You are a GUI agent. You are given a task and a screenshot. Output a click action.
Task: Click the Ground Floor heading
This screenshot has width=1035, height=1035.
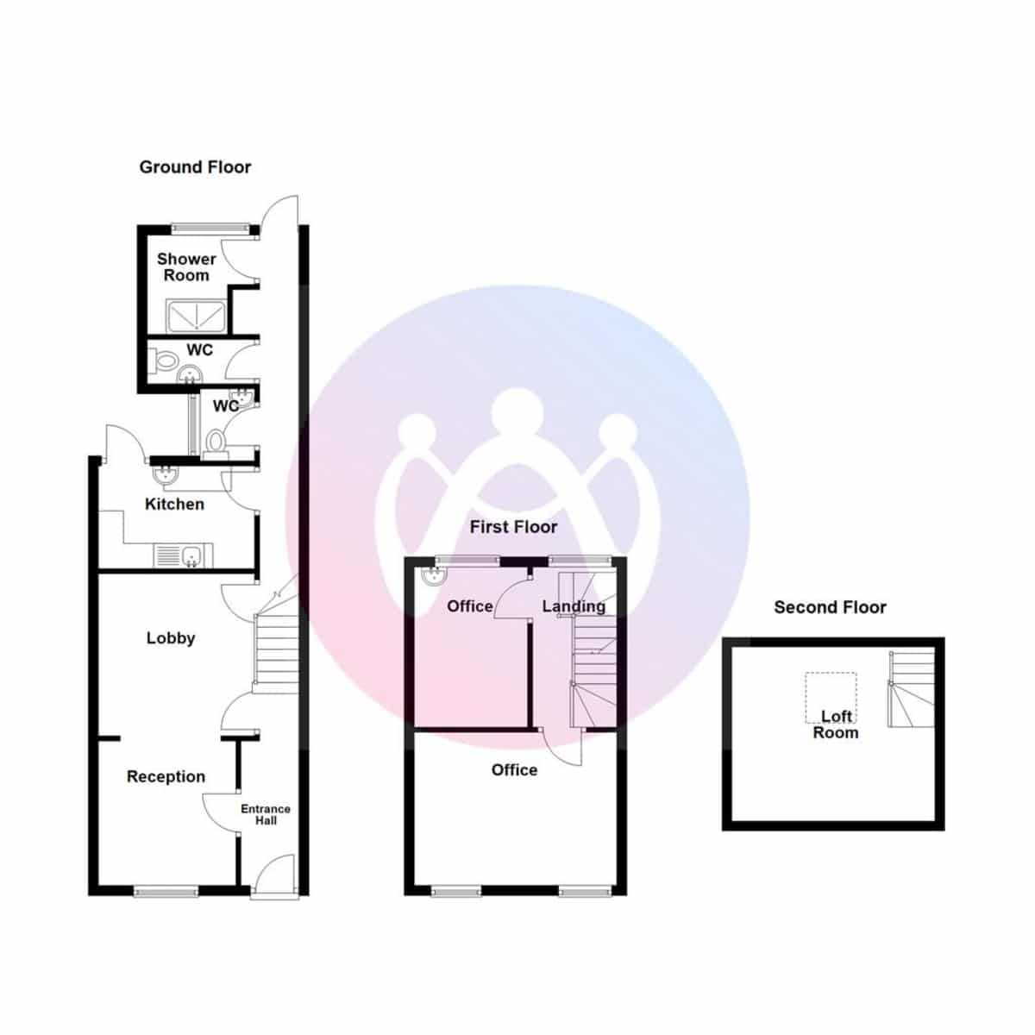195,167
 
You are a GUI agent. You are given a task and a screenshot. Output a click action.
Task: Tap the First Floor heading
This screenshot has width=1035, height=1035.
513,527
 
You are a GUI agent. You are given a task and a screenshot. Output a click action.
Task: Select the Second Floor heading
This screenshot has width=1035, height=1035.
830,607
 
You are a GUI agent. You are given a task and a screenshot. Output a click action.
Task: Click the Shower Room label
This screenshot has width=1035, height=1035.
186,267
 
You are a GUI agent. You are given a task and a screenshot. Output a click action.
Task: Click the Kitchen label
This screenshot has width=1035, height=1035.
174,504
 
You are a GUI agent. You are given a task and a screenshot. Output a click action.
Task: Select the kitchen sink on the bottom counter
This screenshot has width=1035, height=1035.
183,556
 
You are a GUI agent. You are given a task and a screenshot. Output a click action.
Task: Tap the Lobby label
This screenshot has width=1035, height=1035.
171,638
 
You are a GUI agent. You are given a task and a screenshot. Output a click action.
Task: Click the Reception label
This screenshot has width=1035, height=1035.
166,776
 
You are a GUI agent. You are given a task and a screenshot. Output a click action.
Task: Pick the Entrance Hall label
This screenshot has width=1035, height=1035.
265,814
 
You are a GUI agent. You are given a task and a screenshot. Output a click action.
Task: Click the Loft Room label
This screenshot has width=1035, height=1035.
836,724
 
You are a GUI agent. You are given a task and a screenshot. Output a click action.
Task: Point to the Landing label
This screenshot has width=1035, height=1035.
574,606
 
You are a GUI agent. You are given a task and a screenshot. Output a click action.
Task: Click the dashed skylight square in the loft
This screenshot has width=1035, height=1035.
831,697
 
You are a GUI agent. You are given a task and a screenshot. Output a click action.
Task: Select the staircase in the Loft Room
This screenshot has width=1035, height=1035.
912,689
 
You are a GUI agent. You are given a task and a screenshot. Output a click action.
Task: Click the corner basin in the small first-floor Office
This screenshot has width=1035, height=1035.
431,577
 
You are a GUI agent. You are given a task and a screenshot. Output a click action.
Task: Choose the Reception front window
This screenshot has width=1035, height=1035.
166,891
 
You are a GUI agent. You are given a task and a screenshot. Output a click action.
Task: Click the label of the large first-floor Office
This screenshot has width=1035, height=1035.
514,770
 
